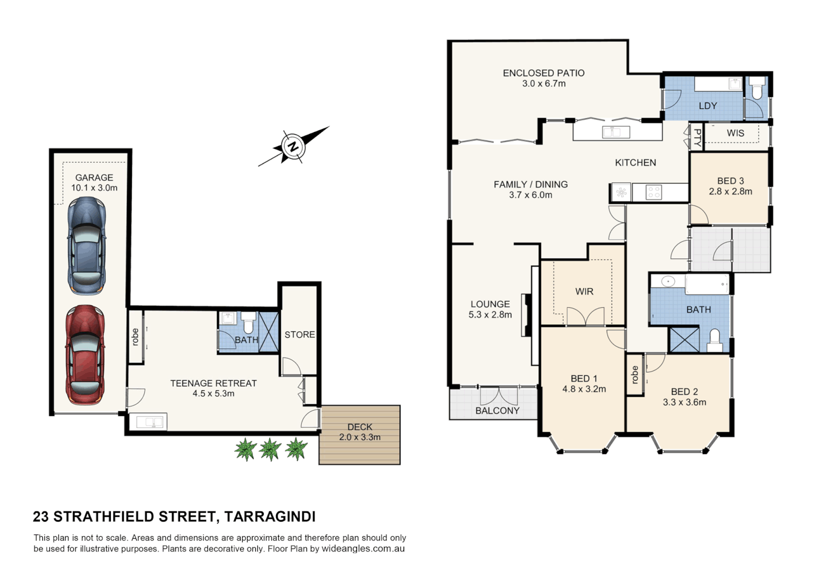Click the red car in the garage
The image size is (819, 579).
tap(85, 355)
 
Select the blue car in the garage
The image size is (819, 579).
tap(86, 245)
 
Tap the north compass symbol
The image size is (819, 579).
tap(293, 146)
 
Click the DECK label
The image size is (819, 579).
tap(360, 427)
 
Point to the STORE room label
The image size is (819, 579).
tap(300, 335)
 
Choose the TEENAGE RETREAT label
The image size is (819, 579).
tap(213, 383)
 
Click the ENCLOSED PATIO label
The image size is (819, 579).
tap(543, 73)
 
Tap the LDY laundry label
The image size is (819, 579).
tap(708, 106)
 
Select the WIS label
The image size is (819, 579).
tap(735, 133)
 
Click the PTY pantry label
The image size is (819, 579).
tap(697, 138)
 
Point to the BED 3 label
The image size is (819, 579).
tap(730, 181)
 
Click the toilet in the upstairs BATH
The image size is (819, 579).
tap(715, 341)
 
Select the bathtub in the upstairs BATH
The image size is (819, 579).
tap(707, 284)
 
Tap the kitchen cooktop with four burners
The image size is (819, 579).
tap(653, 192)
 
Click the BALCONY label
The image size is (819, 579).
tap(497, 411)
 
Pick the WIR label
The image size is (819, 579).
tap(584, 292)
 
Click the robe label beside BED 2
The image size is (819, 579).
tap(635, 375)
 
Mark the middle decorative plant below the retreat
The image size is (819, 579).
tap(270, 449)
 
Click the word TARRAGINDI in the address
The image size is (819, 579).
tap(270, 517)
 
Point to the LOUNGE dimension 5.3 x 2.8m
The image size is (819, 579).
tap(490, 315)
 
